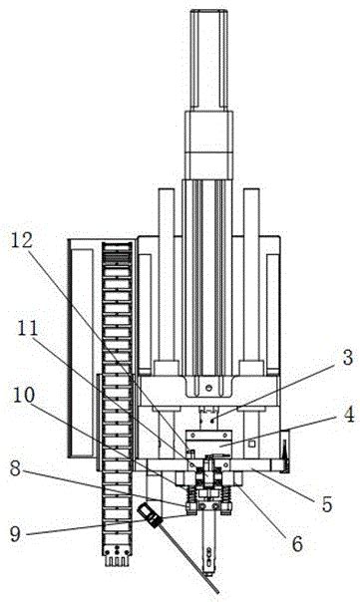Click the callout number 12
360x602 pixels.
point(22,241)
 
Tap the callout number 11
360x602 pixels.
point(28,329)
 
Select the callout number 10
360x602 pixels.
point(24,395)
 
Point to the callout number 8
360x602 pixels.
point(15,468)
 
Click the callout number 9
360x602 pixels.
point(15,534)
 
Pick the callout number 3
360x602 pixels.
point(347,358)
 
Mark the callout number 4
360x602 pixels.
point(348,415)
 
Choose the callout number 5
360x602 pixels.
point(327,504)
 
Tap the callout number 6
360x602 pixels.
point(297,543)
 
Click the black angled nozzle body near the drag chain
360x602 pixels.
point(149,514)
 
